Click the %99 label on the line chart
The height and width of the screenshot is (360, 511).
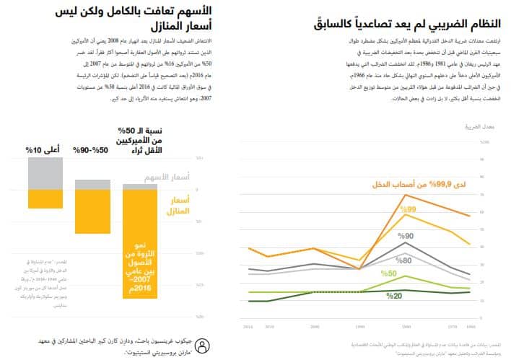tap(409, 209)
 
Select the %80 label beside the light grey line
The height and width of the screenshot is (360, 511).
tap(403, 260)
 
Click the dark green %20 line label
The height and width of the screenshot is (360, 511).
tap(394, 296)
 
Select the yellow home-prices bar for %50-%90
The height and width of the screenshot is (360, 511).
tap(92, 211)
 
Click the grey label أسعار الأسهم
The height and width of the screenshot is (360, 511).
tap(173, 176)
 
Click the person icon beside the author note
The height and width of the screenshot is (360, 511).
tap(204, 344)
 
